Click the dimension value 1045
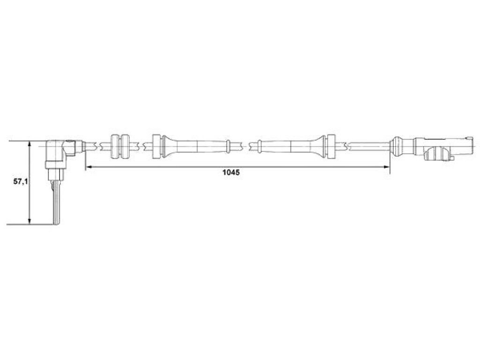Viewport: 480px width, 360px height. point(231,172)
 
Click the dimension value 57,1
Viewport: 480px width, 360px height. point(21,181)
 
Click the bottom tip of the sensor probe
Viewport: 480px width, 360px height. point(57,225)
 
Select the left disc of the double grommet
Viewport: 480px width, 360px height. point(115,146)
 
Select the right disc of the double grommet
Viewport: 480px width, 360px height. point(126,146)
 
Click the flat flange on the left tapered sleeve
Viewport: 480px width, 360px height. point(157,146)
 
